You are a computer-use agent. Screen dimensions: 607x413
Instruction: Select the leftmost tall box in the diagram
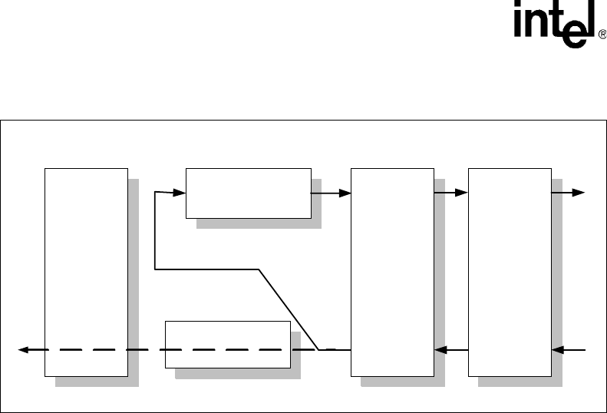click(x=86, y=272)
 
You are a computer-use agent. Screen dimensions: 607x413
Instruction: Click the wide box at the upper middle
click(x=248, y=192)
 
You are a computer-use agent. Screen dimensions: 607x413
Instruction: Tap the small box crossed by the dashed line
click(x=228, y=344)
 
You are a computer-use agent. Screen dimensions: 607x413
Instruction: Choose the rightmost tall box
click(x=509, y=272)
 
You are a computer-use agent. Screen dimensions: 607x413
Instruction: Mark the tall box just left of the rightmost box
click(x=391, y=272)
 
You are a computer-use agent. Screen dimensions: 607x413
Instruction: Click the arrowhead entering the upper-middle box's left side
click(x=180, y=192)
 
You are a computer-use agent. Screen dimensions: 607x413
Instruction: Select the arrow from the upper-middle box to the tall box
click(x=332, y=192)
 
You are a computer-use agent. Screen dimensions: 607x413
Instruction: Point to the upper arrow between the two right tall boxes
click(x=451, y=192)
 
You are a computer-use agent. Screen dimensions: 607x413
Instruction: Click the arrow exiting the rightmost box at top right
click(x=569, y=192)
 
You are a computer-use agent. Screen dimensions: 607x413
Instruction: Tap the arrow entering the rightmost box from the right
click(x=569, y=350)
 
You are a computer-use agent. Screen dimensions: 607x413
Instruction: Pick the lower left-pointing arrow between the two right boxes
click(x=451, y=350)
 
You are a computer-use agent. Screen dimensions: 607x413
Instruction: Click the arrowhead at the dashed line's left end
click(x=25, y=350)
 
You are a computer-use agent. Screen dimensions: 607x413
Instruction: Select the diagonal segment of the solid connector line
click(x=289, y=309)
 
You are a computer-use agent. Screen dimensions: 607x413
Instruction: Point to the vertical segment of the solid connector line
click(x=155, y=230)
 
